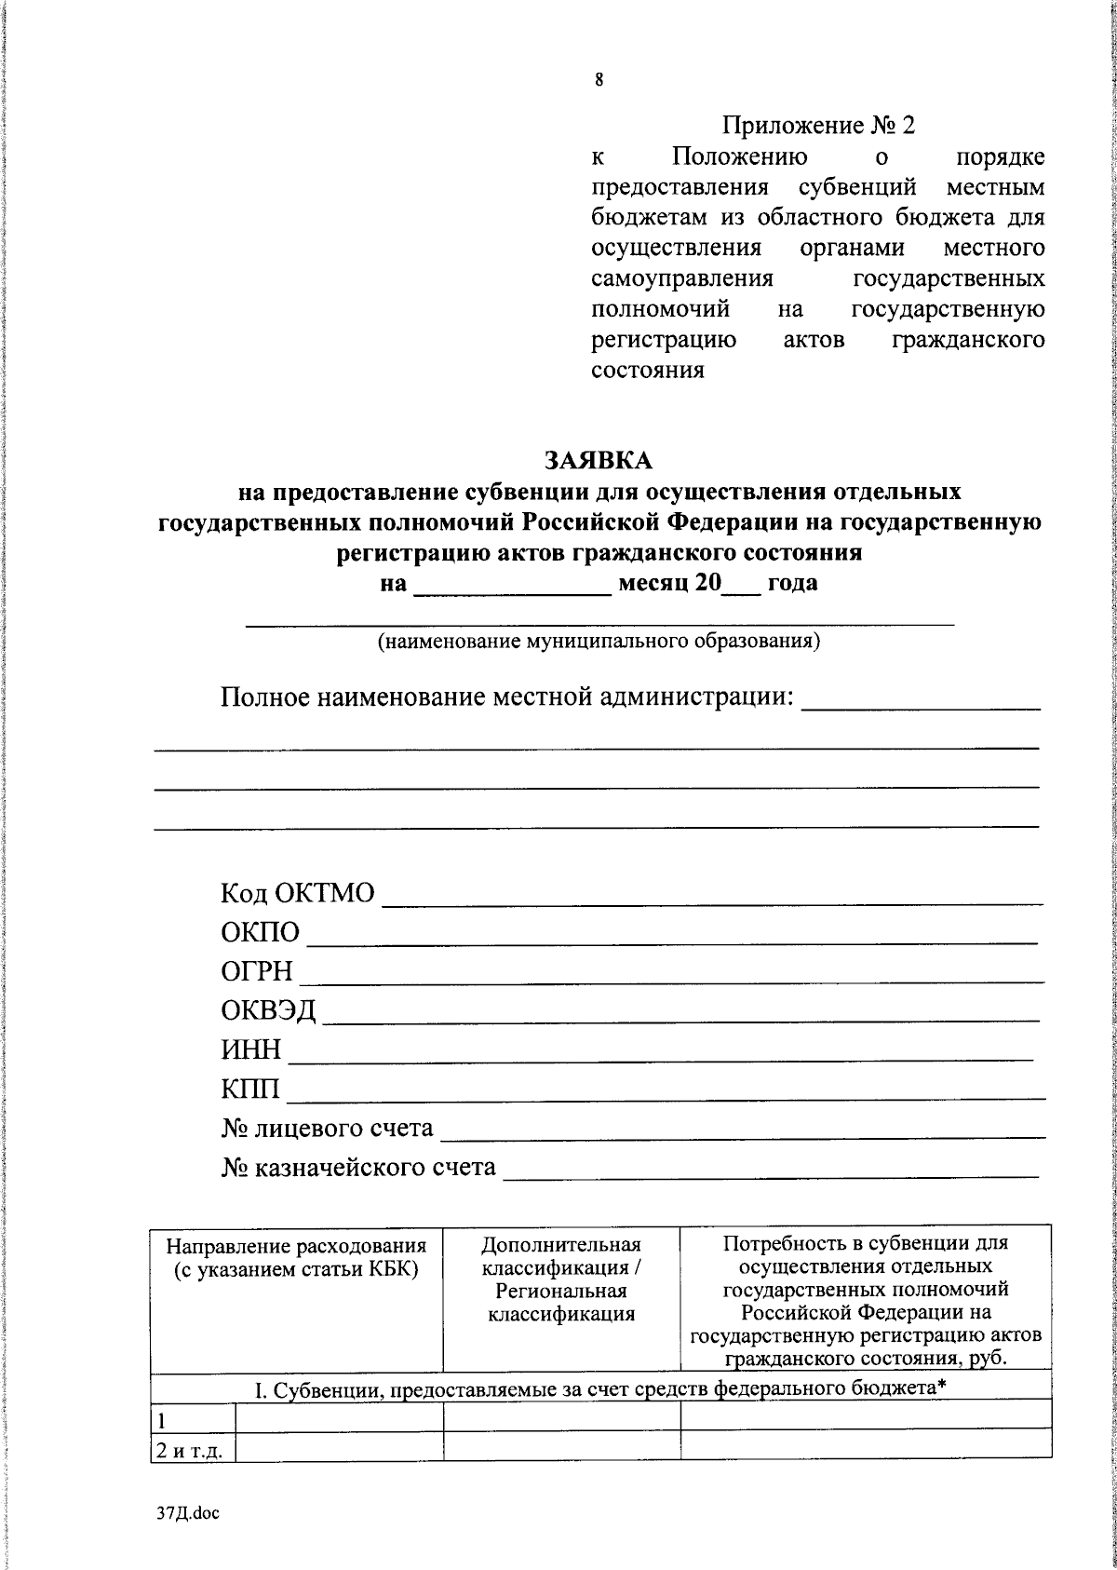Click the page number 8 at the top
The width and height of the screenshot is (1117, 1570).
(x=599, y=80)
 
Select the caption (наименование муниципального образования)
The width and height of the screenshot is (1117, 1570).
(x=599, y=642)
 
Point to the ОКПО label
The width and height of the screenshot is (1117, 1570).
(x=261, y=933)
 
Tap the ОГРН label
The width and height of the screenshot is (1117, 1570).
(x=257, y=972)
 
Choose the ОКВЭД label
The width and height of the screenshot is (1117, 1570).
(x=268, y=1011)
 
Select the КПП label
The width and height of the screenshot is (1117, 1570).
(x=250, y=1089)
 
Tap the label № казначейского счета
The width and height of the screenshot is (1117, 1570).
(x=358, y=1167)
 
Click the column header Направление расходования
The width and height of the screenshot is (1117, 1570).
(x=296, y=1257)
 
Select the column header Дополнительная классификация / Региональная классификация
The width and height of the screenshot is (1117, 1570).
(x=561, y=1279)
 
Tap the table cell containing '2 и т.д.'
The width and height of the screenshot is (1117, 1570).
(x=193, y=1450)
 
